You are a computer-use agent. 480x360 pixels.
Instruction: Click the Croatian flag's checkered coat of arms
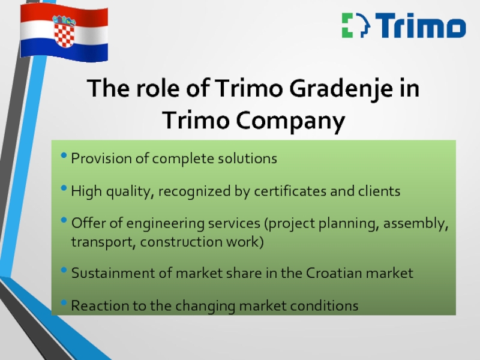point(64,32)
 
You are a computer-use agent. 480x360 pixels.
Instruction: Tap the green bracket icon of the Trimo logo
point(347,25)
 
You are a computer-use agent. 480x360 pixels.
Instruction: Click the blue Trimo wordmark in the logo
point(421,25)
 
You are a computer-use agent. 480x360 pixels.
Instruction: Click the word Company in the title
point(290,121)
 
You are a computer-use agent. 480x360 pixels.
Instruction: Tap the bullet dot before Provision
point(64,155)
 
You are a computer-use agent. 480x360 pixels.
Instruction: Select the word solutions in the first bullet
point(247,158)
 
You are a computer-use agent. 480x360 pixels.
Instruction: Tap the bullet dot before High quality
point(64,188)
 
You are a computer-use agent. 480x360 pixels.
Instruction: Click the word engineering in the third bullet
point(166,223)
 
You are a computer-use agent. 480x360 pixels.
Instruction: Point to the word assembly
point(416,223)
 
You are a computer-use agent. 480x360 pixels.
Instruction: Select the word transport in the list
point(103,242)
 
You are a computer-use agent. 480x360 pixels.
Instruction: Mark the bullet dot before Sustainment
point(64,270)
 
